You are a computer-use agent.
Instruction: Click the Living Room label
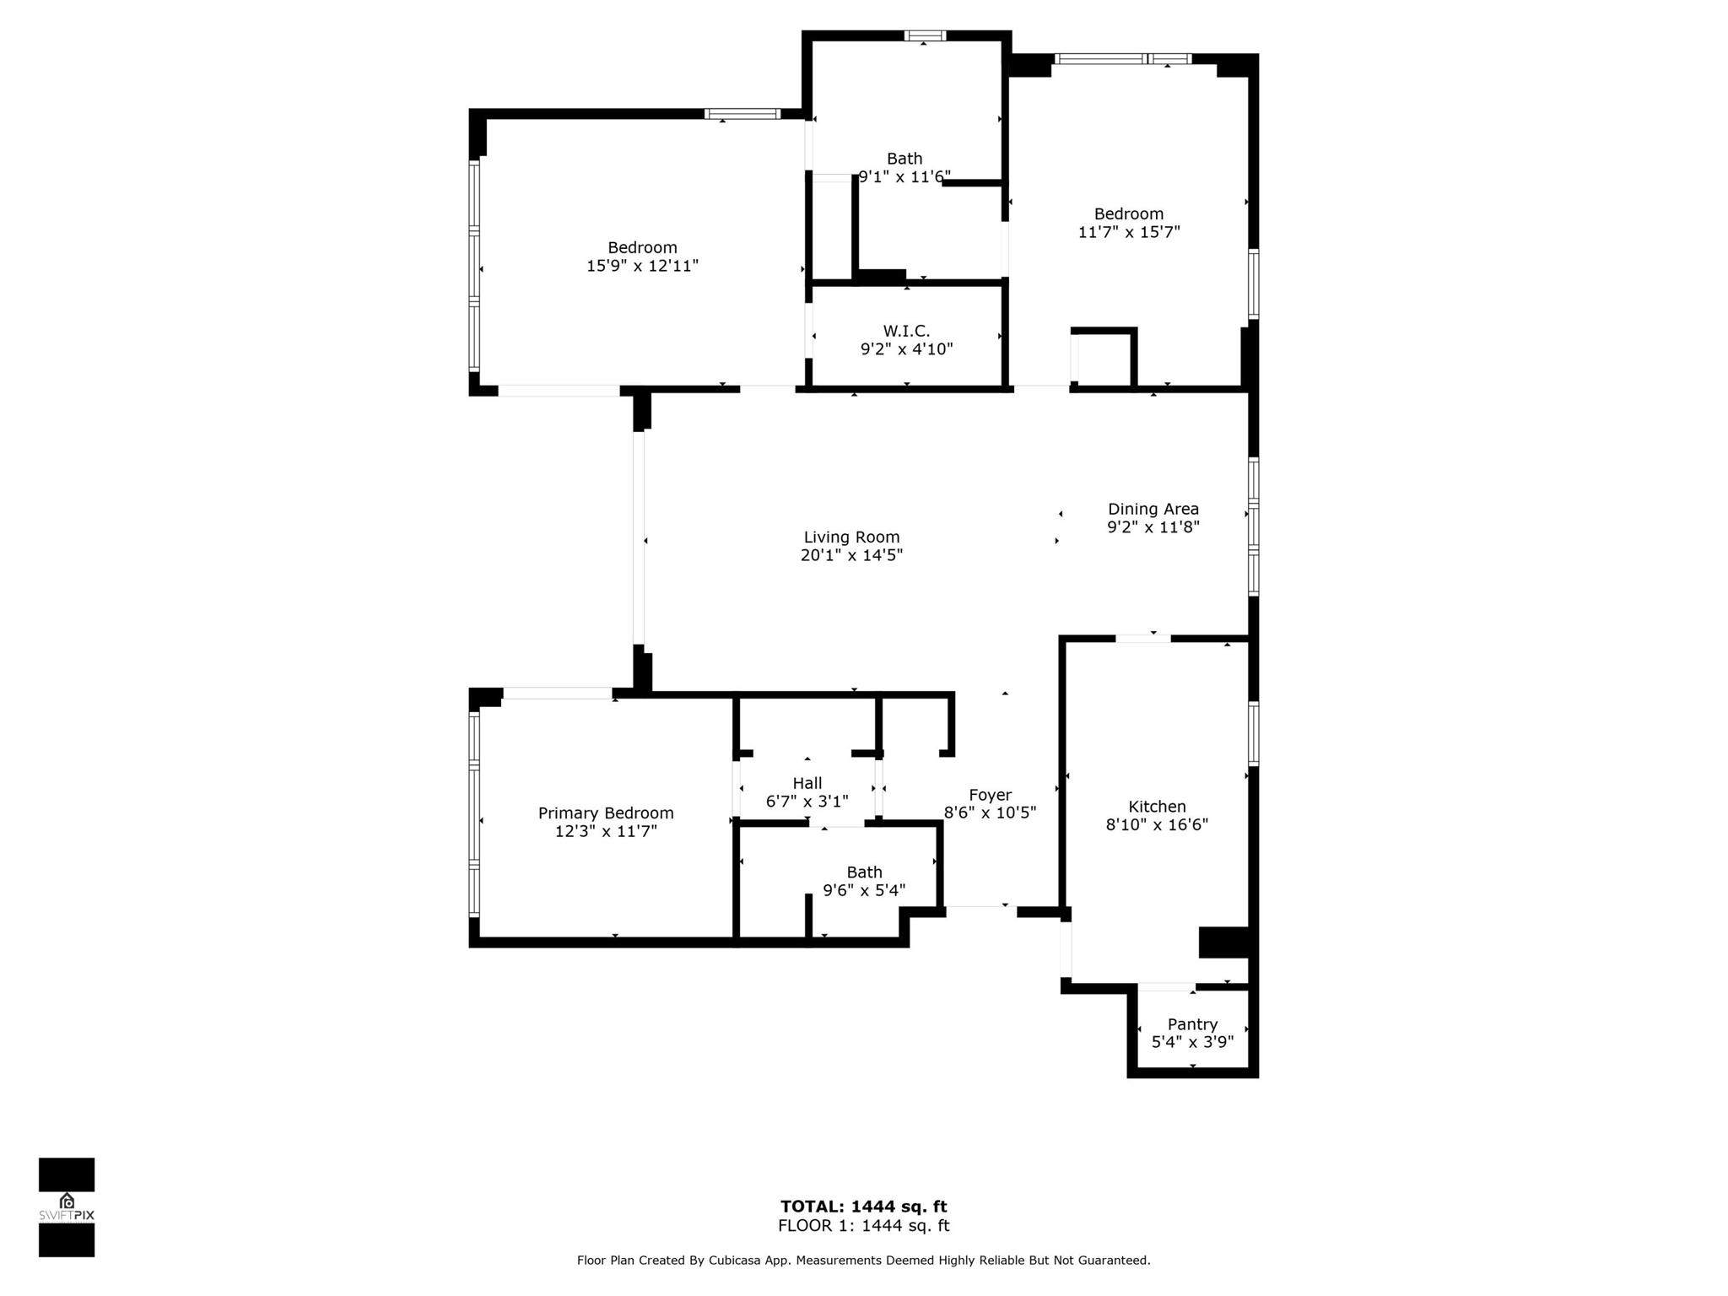coord(851,537)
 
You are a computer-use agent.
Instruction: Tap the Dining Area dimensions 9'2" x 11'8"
coord(1153,527)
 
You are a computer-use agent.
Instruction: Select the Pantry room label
coord(1192,1023)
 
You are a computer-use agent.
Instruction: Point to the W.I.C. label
coord(906,332)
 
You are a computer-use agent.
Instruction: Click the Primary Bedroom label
coord(606,813)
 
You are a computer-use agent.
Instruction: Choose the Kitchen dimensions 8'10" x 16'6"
coord(1157,824)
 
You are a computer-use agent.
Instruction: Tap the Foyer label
coord(990,795)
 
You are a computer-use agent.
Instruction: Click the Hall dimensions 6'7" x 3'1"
coord(807,802)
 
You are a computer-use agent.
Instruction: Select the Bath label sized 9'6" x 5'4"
coord(864,872)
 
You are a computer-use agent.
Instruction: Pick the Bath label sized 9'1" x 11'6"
coord(904,159)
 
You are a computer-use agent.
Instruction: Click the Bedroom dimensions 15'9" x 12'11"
coord(642,266)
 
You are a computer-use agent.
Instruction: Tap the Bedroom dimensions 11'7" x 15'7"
coord(1128,232)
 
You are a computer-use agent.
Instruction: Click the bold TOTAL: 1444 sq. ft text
coord(863,1207)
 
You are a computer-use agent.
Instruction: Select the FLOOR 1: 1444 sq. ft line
coord(863,1226)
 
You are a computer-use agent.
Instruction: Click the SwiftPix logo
coord(67,1207)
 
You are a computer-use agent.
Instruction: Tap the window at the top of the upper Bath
coord(925,35)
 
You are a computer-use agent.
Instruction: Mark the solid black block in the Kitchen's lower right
coord(1224,942)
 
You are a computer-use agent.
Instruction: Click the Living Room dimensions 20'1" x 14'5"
coord(851,555)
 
